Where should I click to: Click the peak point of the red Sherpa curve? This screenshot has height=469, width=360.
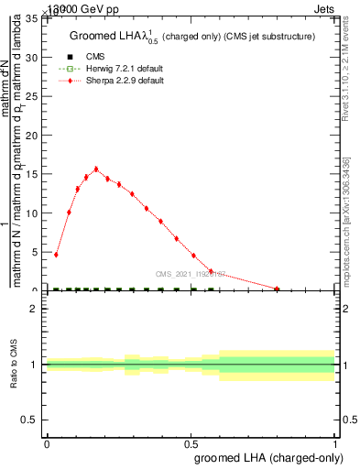click(x=96, y=169)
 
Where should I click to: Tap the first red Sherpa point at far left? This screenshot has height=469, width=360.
click(x=57, y=255)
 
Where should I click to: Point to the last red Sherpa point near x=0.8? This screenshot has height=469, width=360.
click(x=277, y=289)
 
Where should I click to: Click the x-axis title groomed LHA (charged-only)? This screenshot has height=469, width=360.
click(x=266, y=456)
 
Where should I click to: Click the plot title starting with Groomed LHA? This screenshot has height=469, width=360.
click(x=192, y=36)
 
